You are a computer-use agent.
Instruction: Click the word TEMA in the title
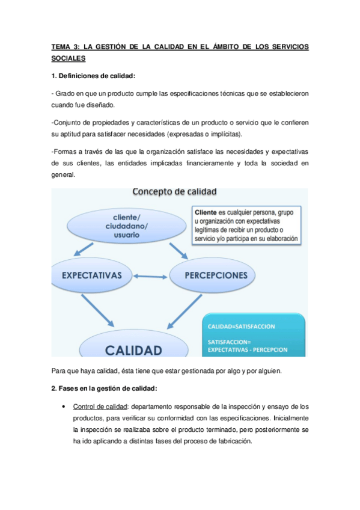click(62, 47)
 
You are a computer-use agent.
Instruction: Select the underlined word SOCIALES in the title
click(69, 58)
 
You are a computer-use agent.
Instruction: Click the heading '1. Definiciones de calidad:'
click(93, 76)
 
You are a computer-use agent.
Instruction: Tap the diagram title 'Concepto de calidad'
click(174, 192)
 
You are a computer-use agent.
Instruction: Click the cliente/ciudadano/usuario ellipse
click(123, 225)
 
